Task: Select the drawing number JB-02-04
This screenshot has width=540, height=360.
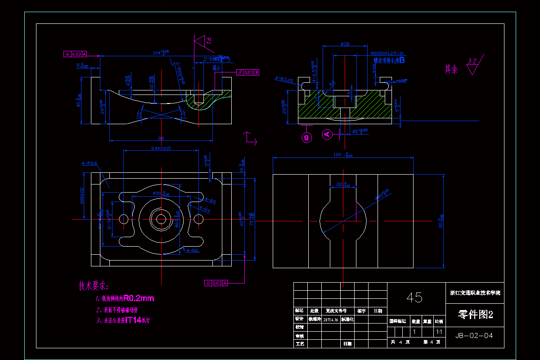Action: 474,336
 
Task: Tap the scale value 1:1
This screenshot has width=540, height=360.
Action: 439,332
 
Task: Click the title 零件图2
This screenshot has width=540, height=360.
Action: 475,315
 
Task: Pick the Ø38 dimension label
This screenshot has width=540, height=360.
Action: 346,44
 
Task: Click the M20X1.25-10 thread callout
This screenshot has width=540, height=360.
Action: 387,53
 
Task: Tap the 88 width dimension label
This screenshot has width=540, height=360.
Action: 161,138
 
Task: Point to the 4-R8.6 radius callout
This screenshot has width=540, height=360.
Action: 90,163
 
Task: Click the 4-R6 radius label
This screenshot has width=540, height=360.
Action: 192,250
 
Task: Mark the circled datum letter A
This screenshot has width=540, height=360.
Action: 327,134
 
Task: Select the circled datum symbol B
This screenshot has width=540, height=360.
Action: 307,138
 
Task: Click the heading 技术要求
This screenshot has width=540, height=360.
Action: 94,286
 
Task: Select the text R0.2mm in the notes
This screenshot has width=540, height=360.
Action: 139,298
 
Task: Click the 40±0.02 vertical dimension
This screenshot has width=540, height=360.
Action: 82,196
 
